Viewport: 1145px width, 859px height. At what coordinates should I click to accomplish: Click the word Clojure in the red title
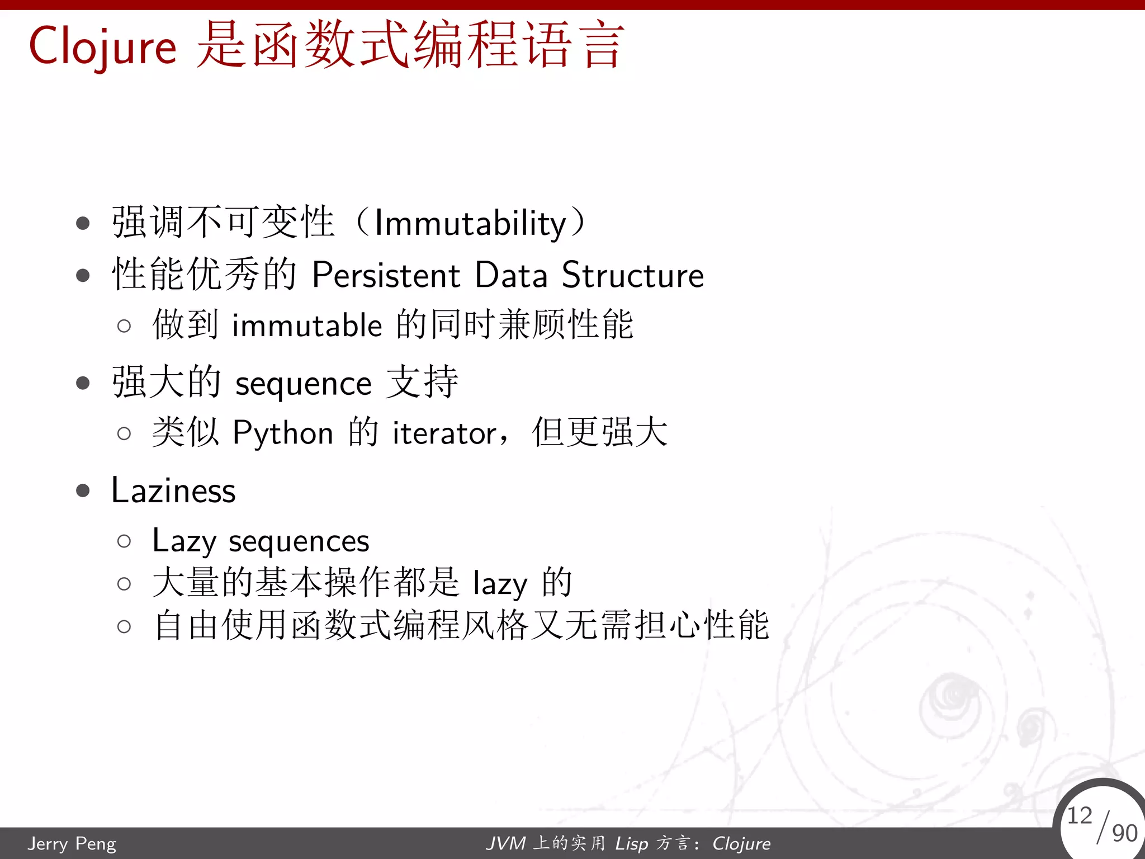[x=102, y=47]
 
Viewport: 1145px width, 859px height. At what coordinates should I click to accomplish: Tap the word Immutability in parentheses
[x=470, y=223]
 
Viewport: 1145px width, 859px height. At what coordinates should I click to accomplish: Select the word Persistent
[x=386, y=275]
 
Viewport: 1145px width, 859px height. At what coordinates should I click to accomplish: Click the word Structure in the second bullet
[x=632, y=275]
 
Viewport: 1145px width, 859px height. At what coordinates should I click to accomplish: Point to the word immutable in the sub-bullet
[x=307, y=325]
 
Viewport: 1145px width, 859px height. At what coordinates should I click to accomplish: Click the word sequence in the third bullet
[x=304, y=384]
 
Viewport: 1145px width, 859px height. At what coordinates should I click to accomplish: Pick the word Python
[x=283, y=433]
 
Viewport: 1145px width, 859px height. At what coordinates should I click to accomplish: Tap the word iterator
[x=444, y=433]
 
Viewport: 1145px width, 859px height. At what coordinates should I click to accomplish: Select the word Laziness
[x=173, y=491]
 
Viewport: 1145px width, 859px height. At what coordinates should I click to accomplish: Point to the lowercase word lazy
[x=500, y=584]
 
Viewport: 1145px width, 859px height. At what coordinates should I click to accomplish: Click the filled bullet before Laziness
[x=83, y=491]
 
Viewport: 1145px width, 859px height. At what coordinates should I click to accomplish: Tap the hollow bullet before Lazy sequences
[x=124, y=541]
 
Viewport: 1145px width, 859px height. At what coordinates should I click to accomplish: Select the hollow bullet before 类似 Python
[x=124, y=433]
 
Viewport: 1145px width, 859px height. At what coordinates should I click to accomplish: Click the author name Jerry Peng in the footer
[x=72, y=843]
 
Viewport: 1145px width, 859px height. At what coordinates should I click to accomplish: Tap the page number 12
[x=1079, y=815]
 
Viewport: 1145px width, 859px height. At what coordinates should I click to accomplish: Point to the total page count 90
[x=1124, y=833]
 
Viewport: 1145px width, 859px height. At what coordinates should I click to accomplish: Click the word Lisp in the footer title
[x=631, y=843]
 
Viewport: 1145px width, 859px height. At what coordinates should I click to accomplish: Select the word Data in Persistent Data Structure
[x=511, y=275]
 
